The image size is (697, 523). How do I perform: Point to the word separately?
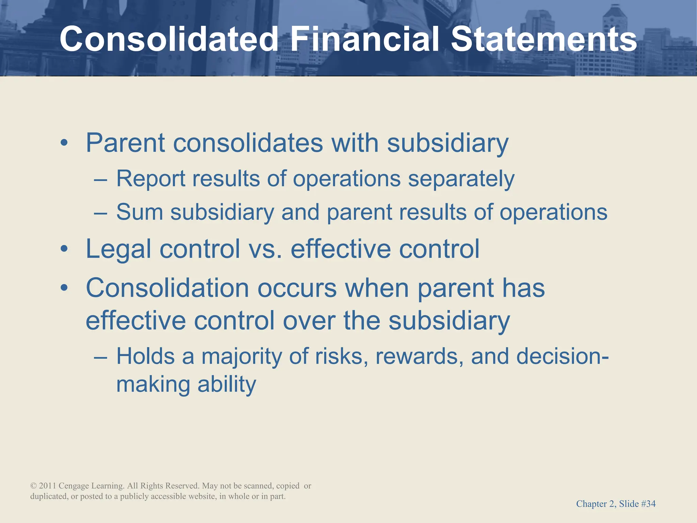(x=461, y=179)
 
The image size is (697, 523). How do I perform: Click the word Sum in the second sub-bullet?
(x=140, y=212)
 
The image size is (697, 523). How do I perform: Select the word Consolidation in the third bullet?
(x=167, y=288)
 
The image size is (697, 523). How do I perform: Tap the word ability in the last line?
(x=226, y=384)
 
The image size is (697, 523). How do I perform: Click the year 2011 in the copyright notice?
(x=47, y=486)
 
